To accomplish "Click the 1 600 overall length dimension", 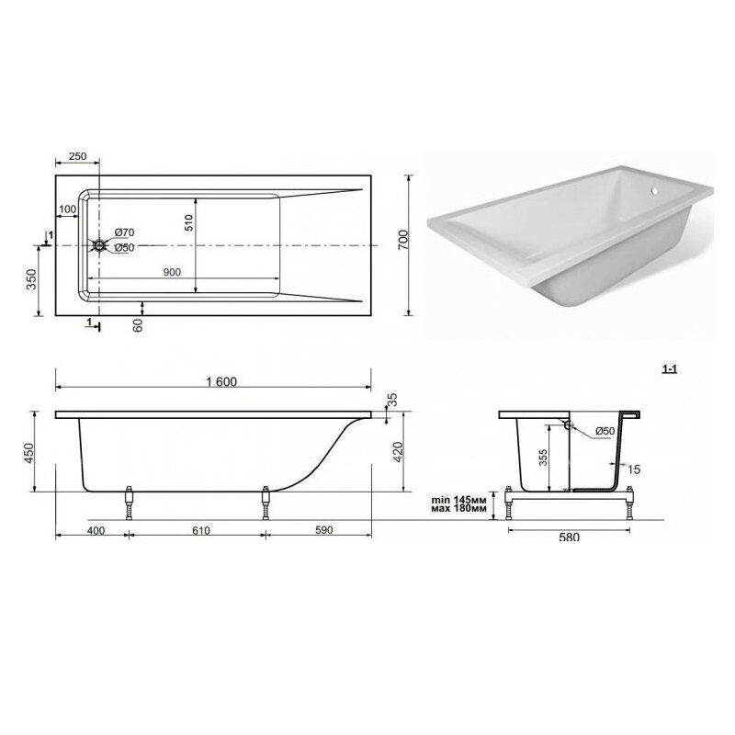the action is [x=221, y=382].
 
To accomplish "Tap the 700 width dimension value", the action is [x=403, y=239].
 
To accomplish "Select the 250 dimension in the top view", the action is [x=77, y=156].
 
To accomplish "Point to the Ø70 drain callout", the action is [x=125, y=232].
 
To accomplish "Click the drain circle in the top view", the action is [x=99, y=245].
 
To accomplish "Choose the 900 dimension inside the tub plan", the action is [x=172, y=272].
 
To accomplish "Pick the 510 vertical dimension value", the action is [x=188, y=222].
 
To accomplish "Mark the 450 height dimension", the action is [x=29, y=453].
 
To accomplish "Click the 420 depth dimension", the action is [x=398, y=451].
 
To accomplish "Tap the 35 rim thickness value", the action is [x=392, y=400].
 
